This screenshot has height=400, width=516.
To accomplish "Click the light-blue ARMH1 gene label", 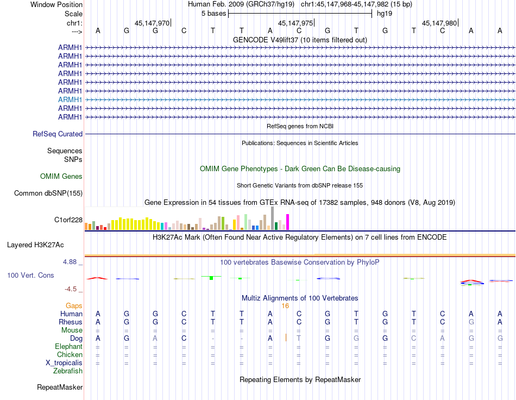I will (x=70, y=99).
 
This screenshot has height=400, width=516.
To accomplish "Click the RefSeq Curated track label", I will (x=58, y=134).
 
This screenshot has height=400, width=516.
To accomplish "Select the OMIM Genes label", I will (x=61, y=176).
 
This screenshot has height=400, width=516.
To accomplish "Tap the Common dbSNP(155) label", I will (x=48, y=193).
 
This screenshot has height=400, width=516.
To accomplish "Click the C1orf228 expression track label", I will (x=68, y=220).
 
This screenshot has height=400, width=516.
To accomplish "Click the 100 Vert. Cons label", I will (x=30, y=276).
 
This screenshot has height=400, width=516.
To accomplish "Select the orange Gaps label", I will (x=74, y=306).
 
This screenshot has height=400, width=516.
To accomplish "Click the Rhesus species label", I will (x=71, y=322).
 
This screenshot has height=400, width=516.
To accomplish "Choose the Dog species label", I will (x=76, y=338).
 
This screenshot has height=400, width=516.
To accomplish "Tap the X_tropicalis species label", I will (x=64, y=362).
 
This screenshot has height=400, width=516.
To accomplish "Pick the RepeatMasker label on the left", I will (x=60, y=387).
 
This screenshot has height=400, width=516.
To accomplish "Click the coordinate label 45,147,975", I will (x=295, y=23).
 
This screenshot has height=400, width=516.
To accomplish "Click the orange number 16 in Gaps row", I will (x=285, y=306).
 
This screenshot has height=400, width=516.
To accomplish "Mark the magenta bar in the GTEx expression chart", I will (x=288, y=222).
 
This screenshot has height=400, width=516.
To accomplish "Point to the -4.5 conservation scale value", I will (x=71, y=289).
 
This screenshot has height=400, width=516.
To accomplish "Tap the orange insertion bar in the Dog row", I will (x=286, y=337).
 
